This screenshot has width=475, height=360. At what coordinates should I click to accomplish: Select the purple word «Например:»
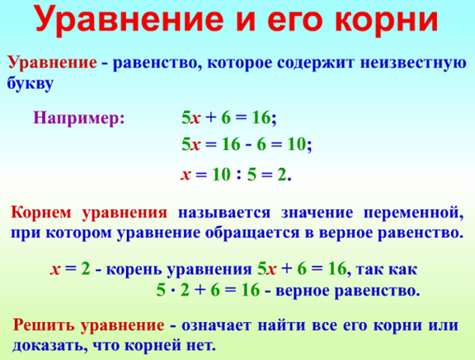pyautogui.click(x=79, y=119)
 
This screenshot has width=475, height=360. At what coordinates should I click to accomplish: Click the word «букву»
pyautogui.click(x=31, y=83)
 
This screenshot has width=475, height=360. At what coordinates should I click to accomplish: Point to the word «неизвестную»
pyautogui.click(x=413, y=63)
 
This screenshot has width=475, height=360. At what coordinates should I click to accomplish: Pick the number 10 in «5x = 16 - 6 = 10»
pyautogui.click(x=297, y=144)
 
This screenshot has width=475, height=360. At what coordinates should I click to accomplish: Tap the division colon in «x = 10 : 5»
pyautogui.click(x=239, y=175)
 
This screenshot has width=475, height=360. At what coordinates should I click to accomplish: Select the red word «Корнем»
pyautogui.click(x=41, y=213)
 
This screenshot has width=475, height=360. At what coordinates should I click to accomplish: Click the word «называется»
pyautogui.click(x=223, y=213)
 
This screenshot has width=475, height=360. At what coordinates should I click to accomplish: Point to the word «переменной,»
pyautogui.click(x=413, y=213)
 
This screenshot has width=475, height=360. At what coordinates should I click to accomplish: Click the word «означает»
pyautogui.click(x=216, y=326)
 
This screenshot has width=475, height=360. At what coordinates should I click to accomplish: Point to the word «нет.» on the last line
pyautogui.click(x=201, y=345)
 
